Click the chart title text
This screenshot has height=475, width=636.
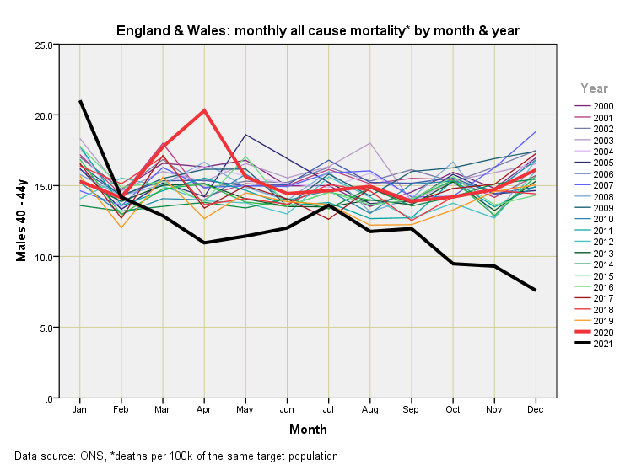tap(317, 31)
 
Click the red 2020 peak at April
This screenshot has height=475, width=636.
tap(204, 110)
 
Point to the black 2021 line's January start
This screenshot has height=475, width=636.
tap(80, 101)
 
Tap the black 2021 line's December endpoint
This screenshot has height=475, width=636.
tap(536, 290)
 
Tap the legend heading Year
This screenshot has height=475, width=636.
tap(595, 88)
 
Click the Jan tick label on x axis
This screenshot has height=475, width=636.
tap(80, 409)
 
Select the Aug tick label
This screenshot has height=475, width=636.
tap(370, 409)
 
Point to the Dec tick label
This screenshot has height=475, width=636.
tap(536, 409)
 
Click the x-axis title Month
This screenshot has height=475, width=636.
tap(308, 430)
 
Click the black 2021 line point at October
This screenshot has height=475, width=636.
tap(453, 264)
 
